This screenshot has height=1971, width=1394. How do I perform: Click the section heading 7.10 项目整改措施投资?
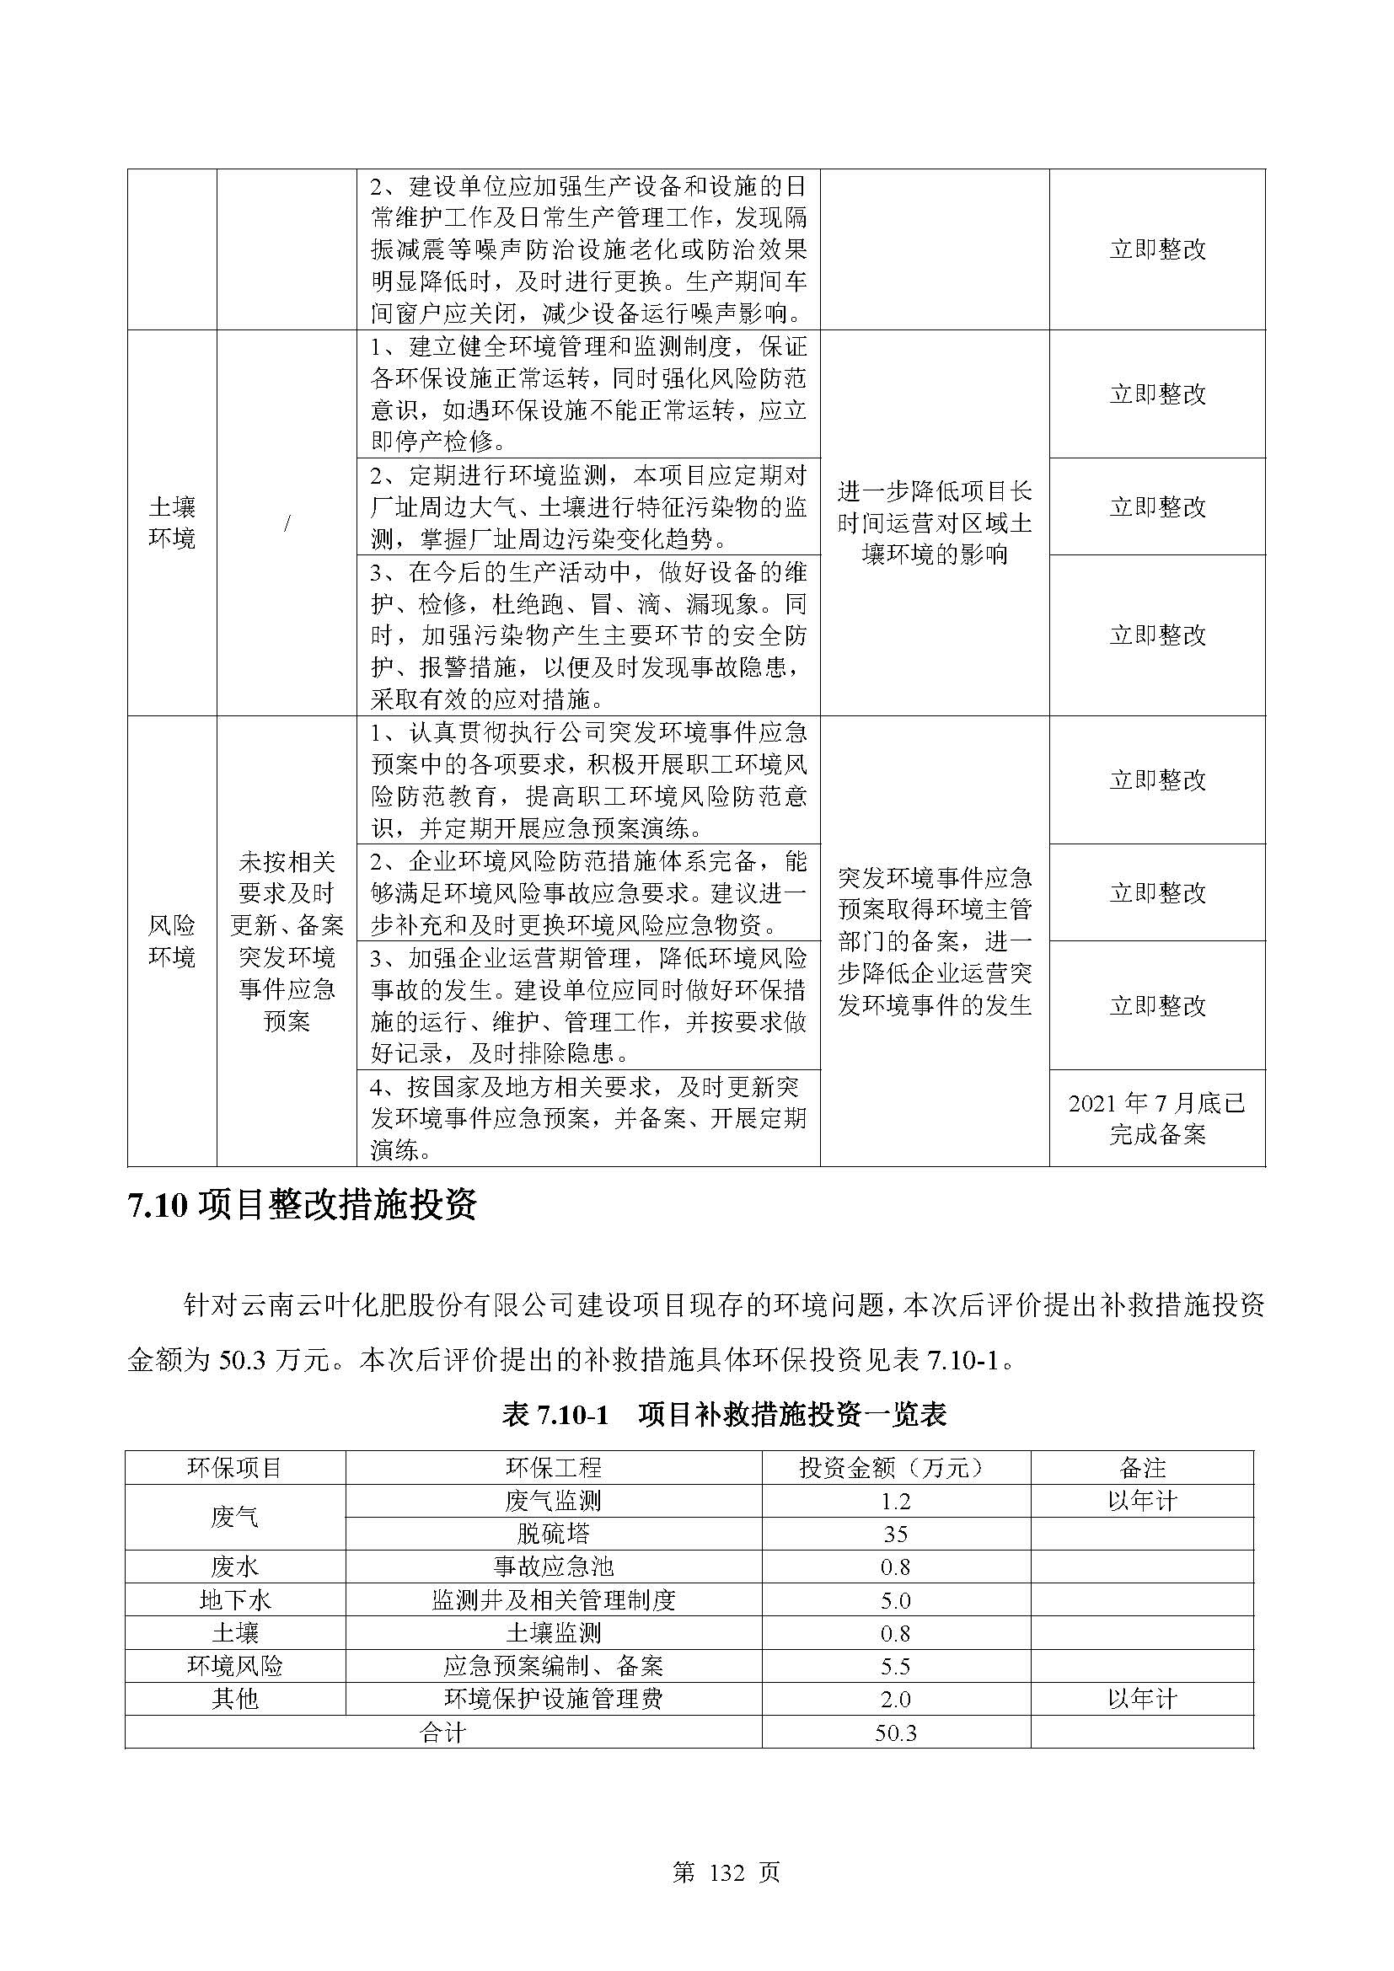(x=303, y=1207)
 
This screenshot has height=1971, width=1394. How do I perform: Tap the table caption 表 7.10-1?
(x=555, y=1414)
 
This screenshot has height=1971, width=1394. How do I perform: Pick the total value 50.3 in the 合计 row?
(x=895, y=1733)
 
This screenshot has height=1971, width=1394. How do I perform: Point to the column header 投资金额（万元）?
(x=895, y=1468)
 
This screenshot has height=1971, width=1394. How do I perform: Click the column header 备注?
(x=1142, y=1468)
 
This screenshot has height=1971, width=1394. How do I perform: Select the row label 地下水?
(x=235, y=1600)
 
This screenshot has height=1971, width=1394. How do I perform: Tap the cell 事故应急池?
(x=554, y=1567)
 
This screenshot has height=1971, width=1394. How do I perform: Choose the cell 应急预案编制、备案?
(x=554, y=1666)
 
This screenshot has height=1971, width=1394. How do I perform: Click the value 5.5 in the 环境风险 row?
(x=895, y=1666)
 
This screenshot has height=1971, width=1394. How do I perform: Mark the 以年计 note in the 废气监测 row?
(x=1142, y=1501)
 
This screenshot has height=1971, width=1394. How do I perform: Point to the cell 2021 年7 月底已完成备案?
(x=1157, y=1118)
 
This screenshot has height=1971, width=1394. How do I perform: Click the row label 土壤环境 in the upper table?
(x=172, y=522)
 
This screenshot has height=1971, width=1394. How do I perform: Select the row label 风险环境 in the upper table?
(x=172, y=941)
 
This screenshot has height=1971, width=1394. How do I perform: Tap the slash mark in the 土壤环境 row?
(x=287, y=522)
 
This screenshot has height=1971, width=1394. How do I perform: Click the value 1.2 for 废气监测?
(x=895, y=1502)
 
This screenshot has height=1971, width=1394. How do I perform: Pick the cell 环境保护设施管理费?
(x=554, y=1699)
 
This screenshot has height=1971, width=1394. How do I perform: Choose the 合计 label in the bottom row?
(x=443, y=1733)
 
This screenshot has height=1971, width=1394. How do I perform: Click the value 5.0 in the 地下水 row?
(x=895, y=1600)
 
